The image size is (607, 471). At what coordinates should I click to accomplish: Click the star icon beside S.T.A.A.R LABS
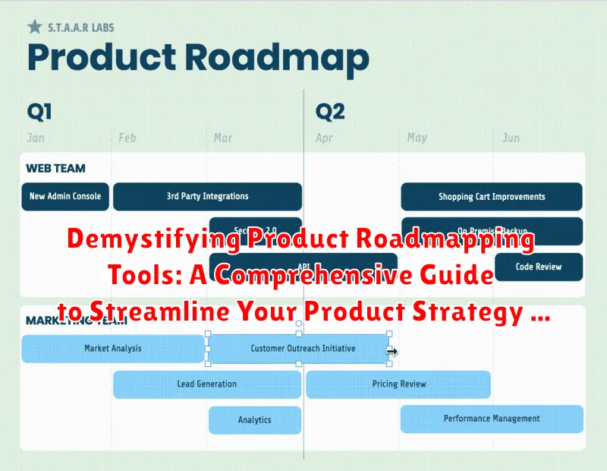[34, 27]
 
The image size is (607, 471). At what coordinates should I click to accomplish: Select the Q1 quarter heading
[39, 112]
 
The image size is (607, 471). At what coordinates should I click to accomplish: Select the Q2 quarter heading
[330, 112]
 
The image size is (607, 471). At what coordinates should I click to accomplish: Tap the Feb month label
[127, 138]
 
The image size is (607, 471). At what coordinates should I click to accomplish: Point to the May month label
[417, 138]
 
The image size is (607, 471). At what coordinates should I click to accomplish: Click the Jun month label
[511, 138]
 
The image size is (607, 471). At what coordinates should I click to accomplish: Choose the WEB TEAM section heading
[55, 168]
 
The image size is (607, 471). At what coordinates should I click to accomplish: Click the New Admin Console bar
[65, 196]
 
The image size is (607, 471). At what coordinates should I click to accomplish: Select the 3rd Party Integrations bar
[207, 196]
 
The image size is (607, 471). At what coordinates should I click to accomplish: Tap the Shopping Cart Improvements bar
[492, 197]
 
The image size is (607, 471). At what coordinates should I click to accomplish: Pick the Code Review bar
[539, 267]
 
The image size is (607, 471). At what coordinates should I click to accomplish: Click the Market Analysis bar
[112, 349]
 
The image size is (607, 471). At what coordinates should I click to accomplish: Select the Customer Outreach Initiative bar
[298, 349]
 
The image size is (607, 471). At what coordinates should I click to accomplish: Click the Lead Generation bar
[206, 384]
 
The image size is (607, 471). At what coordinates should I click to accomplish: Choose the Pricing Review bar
[398, 384]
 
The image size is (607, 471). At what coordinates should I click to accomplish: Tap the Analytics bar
[254, 420]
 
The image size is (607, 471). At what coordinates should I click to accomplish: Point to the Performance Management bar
[492, 419]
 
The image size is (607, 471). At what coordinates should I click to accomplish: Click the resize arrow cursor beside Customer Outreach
[392, 351]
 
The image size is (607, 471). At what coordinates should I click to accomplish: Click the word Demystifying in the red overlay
[156, 241]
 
